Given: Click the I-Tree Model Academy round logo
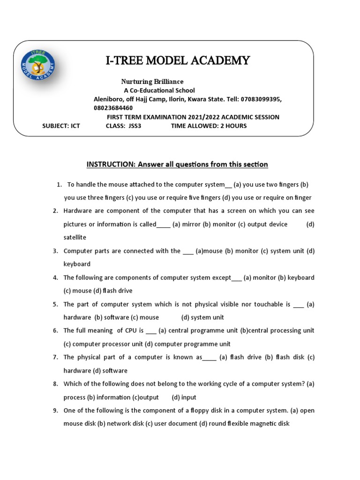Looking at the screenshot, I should (38, 64).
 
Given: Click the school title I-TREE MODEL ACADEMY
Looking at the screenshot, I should (178, 60).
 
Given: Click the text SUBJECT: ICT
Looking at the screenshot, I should (61, 126).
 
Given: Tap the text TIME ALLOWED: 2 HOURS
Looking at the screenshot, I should (209, 126).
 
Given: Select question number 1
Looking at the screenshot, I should (59, 185).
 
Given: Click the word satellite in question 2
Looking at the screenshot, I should (75, 238).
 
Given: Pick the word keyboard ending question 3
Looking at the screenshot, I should (77, 264).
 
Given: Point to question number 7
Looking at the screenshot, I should (55, 357).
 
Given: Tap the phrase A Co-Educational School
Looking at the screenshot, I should (159, 90).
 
